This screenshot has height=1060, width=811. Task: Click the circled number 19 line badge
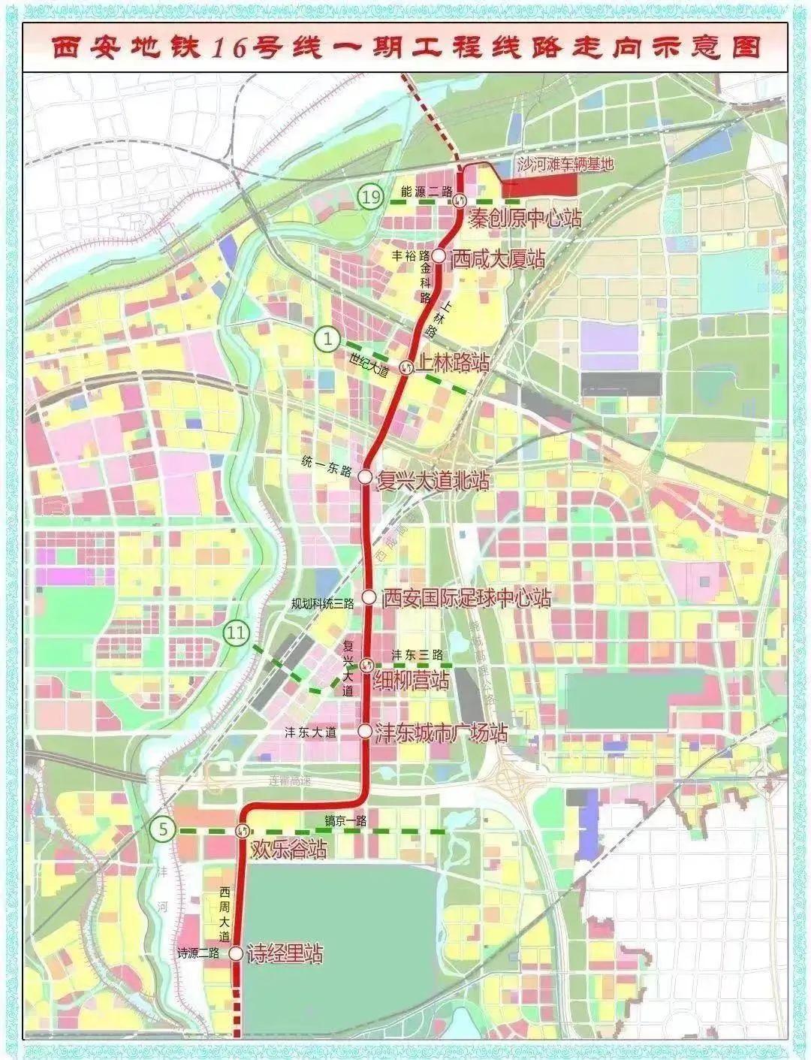[369, 198]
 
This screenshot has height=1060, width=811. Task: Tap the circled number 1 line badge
[327, 339]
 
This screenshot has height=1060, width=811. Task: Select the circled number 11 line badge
[236, 634]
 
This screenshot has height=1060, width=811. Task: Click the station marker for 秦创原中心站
[460, 201]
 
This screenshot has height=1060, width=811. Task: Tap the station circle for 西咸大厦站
[439, 255]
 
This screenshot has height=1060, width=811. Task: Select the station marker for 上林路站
[406, 366]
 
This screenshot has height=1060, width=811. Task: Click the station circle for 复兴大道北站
[365, 476]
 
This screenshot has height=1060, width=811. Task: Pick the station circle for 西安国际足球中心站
[369, 597]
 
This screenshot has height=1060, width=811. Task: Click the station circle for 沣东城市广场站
[364, 729]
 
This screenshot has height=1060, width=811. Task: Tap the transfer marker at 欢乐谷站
[243, 830]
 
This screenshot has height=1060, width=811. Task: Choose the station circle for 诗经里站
[236, 953]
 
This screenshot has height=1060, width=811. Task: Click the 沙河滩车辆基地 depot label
[565, 163]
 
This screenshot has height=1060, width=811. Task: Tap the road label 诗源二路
[198, 953]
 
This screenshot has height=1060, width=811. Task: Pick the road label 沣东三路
[418, 654]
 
